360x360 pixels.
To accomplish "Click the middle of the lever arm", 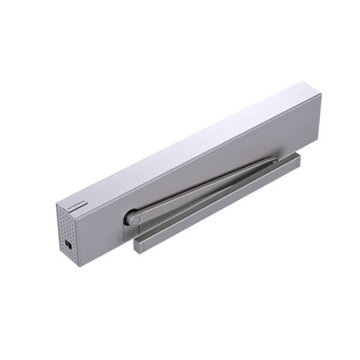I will [204, 189].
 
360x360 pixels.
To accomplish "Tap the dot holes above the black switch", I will [70, 225].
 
